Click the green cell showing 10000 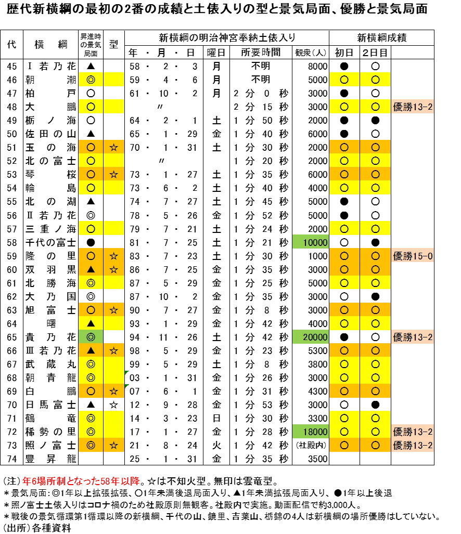pos(311,242)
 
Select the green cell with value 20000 pos(311,337)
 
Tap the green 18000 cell pos(311,432)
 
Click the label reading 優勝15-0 pos(413,256)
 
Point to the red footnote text pos(81,481)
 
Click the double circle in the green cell pos(91,337)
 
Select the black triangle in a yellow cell pos(91,323)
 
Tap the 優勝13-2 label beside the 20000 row pos(413,337)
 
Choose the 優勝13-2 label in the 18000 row pos(413,432)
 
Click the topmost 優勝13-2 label pos(413,107)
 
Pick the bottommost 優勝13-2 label pos(413,446)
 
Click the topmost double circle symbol pos(91,80)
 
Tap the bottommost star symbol pos(114,445)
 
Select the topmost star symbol pos(114,148)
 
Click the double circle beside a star pos(91,445)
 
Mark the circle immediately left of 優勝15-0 pos(375,256)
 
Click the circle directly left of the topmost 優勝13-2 pos(375,107)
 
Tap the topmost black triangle pos(91,269)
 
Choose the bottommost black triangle pos(91,350)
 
